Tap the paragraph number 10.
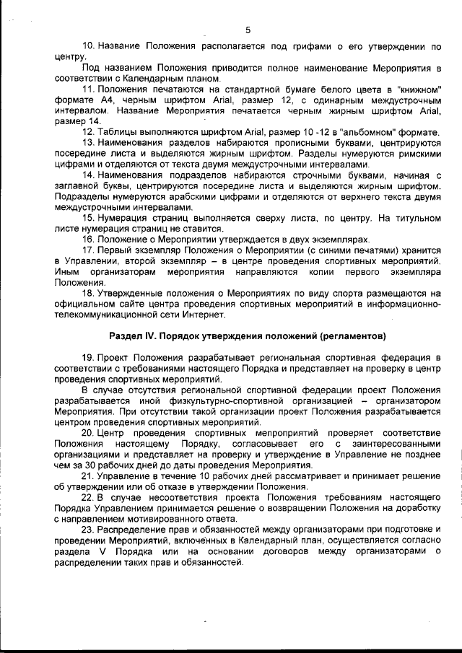tap(92, 46)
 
